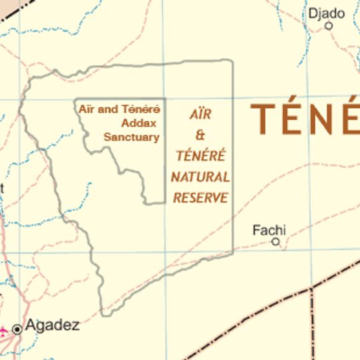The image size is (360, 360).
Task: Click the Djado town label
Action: point(327,13)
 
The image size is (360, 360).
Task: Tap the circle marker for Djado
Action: point(329,26)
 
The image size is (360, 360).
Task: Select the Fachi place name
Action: point(269,231)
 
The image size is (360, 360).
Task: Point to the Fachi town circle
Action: point(275,242)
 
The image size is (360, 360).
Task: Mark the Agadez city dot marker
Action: point(17,328)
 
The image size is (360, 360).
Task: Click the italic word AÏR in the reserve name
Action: point(201,114)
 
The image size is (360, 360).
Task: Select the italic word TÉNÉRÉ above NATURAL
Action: point(201,157)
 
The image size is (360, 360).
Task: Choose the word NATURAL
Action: point(201,177)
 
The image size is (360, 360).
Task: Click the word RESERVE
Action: point(201,198)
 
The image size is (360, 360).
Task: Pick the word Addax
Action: point(138,123)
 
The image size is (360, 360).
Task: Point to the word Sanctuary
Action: point(131,137)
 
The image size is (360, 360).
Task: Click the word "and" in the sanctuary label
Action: point(107,109)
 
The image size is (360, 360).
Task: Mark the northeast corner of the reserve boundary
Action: point(232,61)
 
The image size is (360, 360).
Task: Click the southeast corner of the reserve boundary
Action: point(233,253)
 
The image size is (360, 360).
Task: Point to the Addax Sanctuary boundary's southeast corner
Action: point(165,203)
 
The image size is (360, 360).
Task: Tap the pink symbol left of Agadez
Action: point(3,329)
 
